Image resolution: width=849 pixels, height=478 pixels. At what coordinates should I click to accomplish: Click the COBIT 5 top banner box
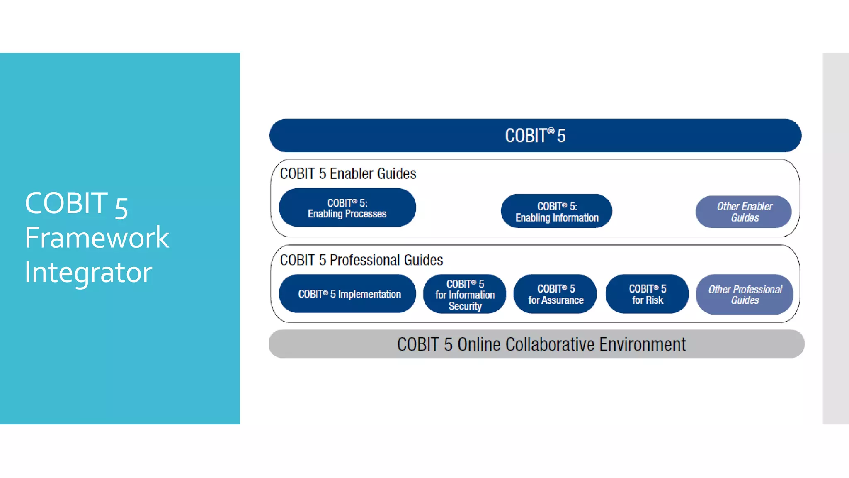pyautogui.click(x=535, y=136)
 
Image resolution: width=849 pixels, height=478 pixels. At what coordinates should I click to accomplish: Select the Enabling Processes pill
pyautogui.click(x=347, y=208)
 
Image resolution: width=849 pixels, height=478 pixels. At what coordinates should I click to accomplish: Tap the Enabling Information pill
pyautogui.click(x=556, y=212)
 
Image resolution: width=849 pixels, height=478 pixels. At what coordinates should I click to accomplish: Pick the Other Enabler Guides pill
pyautogui.click(x=744, y=212)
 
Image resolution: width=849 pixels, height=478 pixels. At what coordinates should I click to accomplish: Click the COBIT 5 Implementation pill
pyautogui.click(x=347, y=294)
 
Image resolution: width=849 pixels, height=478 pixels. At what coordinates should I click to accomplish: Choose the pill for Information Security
pyautogui.click(x=465, y=295)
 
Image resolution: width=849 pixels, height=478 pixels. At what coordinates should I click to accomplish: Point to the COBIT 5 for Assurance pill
pyautogui.click(x=555, y=294)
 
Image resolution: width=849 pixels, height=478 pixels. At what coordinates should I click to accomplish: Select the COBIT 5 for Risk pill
pyautogui.click(x=647, y=294)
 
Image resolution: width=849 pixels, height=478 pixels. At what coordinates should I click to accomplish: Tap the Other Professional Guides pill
pyautogui.click(x=745, y=295)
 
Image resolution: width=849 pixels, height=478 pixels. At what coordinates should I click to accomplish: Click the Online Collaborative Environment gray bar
pyautogui.click(x=537, y=344)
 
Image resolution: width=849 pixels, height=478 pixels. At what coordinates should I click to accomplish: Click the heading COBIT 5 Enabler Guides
pyautogui.click(x=348, y=173)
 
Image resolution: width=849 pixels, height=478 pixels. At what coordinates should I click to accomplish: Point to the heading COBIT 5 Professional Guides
pyautogui.click(x=361, y=260)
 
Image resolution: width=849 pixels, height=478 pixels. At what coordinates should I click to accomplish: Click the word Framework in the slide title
pyautogui.click(x=97, y=238)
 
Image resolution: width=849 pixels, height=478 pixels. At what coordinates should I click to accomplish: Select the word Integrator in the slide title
pyautogui.click(x=88, y=273)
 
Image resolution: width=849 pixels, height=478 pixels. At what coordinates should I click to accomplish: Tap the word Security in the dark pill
pyautogui.click(x=465, y=306)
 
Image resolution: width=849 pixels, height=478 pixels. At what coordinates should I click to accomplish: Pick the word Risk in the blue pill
pyautogui.click(x=654, y=300)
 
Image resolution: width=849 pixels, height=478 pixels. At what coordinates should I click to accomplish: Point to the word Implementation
pyautogui.click(x=369, y=294)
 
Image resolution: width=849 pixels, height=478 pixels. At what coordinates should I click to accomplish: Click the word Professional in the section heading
pyautogui.click(x=365, y=260)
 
